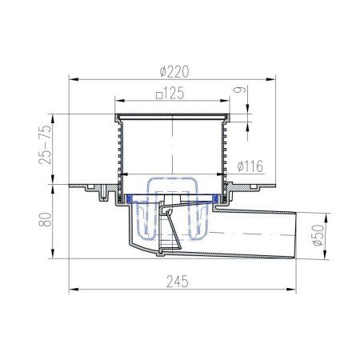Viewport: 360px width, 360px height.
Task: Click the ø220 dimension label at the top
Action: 174,70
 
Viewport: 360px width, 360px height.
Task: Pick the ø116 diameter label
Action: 251,166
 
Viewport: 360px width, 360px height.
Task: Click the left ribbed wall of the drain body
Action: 120,148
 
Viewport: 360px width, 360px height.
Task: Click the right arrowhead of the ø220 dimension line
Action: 274,78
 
